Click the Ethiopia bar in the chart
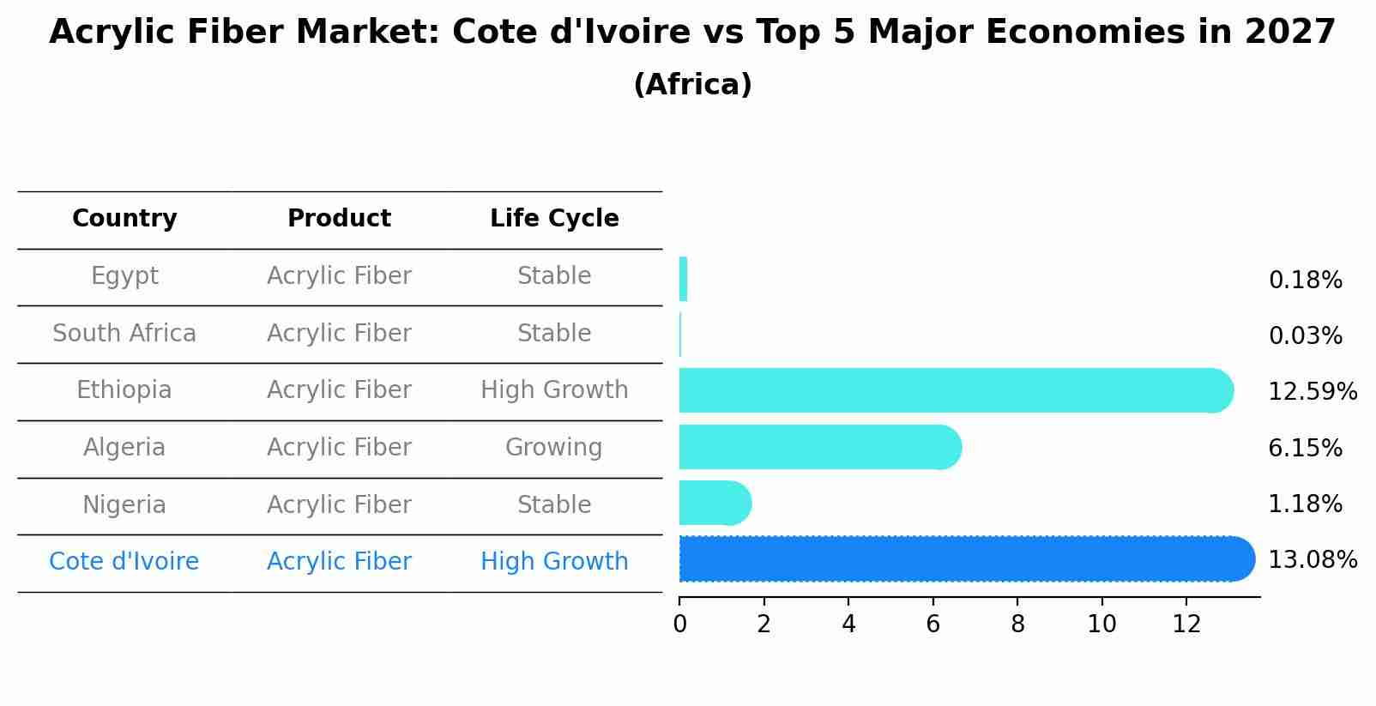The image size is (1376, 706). click(x=952, y=390)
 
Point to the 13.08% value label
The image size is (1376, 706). click(x=1312, y=560)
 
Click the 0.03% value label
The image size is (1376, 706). click(x=1305, y=336)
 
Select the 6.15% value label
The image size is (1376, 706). click(x=1305, y=448)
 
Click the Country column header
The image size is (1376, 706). click(x=124, y=219)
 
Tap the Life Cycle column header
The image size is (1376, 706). click(x=554, y=219)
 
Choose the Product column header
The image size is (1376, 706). click(x=339, y=219)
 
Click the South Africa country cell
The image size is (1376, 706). click(x=124, y=334)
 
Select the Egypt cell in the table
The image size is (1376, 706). click(x=124, y=276)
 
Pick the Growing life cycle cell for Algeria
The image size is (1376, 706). click(x=554, y=448)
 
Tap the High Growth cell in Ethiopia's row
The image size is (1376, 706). click(x=554, y=390)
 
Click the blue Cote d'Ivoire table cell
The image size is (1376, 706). click(x=124, y=562)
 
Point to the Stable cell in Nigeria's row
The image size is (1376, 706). click(x=554, y=505)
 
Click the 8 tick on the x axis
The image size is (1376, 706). click(x=1017, y=625)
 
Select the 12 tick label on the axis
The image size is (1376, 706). click(x=1186, y=625)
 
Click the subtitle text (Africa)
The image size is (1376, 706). click(x=692, y=85)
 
